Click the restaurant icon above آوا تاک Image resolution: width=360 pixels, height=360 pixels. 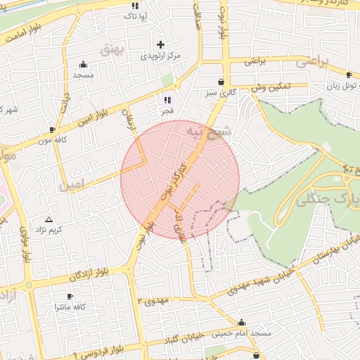135,6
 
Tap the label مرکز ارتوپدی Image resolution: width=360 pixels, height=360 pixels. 161,56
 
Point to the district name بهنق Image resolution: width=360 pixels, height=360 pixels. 112,49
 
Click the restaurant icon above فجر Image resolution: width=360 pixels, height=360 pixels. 167,100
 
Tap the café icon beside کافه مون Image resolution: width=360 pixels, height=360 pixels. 53,129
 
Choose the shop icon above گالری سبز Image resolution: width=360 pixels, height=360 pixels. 221,82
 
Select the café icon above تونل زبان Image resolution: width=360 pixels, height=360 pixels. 349,75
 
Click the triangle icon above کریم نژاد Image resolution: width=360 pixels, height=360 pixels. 49,219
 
